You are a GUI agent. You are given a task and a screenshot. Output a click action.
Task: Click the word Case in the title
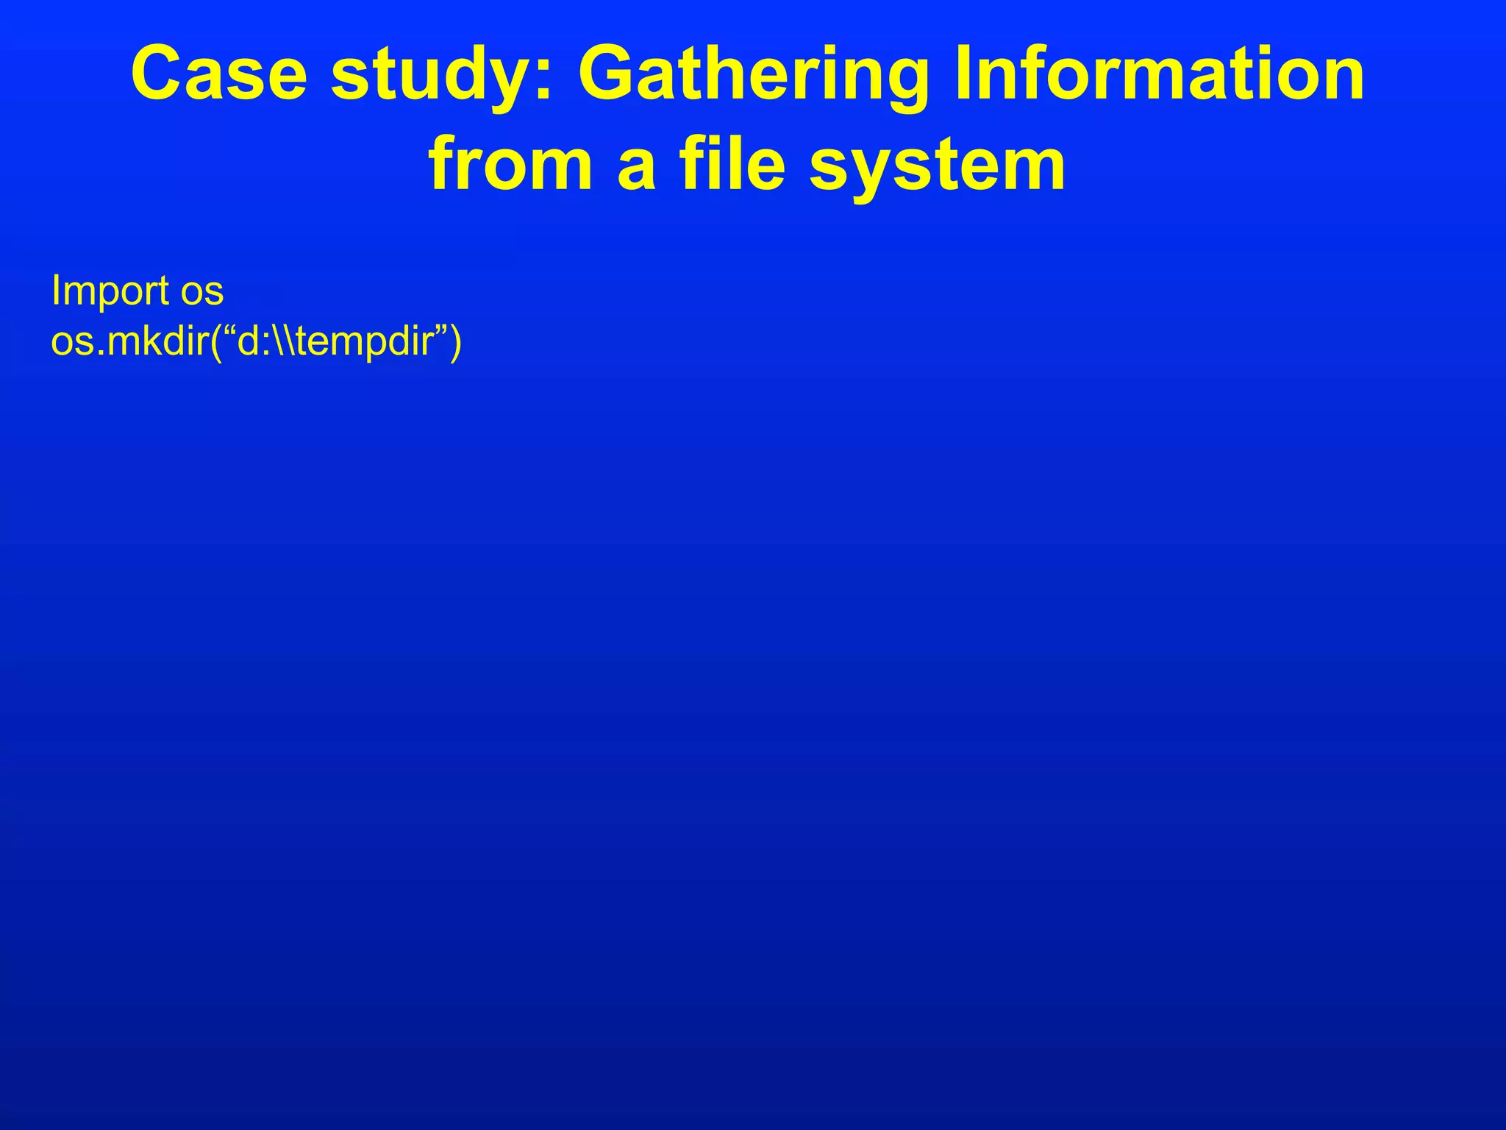pos(218,75)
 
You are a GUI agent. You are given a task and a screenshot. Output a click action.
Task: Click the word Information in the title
pos(1159,75)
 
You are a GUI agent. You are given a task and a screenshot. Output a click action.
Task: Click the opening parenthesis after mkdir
pos(215,343)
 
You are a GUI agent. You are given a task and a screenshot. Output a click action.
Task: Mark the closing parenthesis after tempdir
pos(456,343)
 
